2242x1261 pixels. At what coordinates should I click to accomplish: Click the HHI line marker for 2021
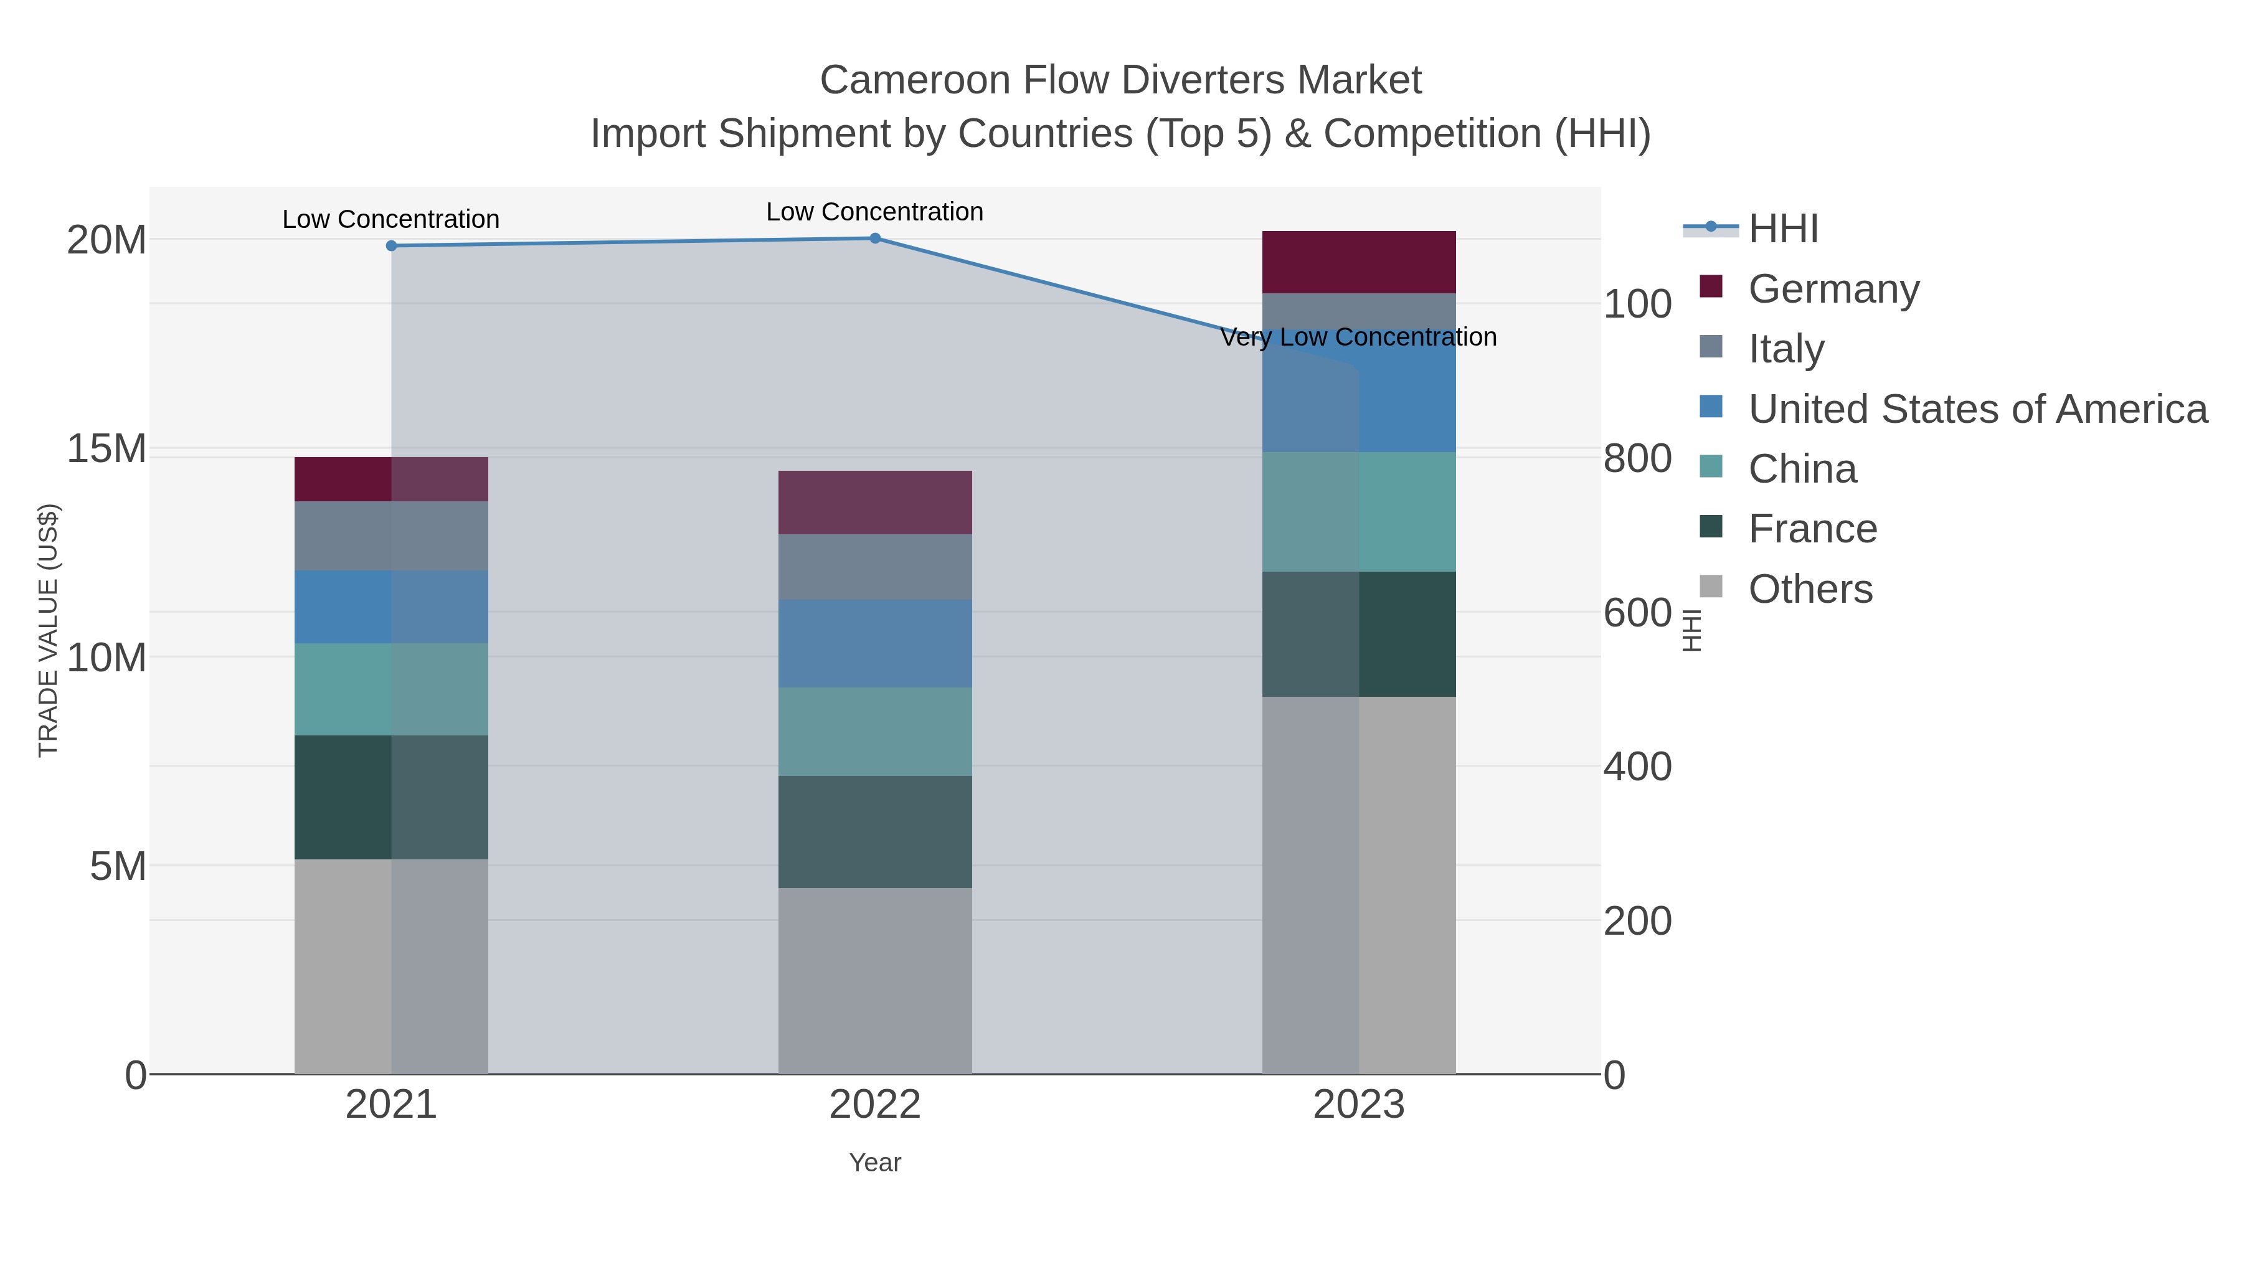(x=390, y=245)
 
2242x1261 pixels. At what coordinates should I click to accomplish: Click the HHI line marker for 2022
(x=875, y=239)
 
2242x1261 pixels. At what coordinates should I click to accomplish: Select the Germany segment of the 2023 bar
(x=1359, y=262)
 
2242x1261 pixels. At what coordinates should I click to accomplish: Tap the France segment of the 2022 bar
(x=875, y=831)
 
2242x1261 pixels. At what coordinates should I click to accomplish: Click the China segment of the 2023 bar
(x=1359, y=512)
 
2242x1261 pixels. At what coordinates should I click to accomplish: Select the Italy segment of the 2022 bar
(x=875, y=567)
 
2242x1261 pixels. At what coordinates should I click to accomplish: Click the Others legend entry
(x=1810, y=589)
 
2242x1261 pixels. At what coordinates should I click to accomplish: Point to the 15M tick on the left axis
(x=106, y=449)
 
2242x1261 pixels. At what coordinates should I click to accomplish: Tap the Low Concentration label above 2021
(x=390, y=219)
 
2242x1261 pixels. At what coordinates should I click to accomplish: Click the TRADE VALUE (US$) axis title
(x=49, y=630)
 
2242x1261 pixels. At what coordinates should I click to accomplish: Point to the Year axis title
(x=875, y=1163)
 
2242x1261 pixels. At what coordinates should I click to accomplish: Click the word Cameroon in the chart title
(x=915, y=80)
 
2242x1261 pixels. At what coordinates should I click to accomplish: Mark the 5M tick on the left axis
(x=118, y=867)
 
